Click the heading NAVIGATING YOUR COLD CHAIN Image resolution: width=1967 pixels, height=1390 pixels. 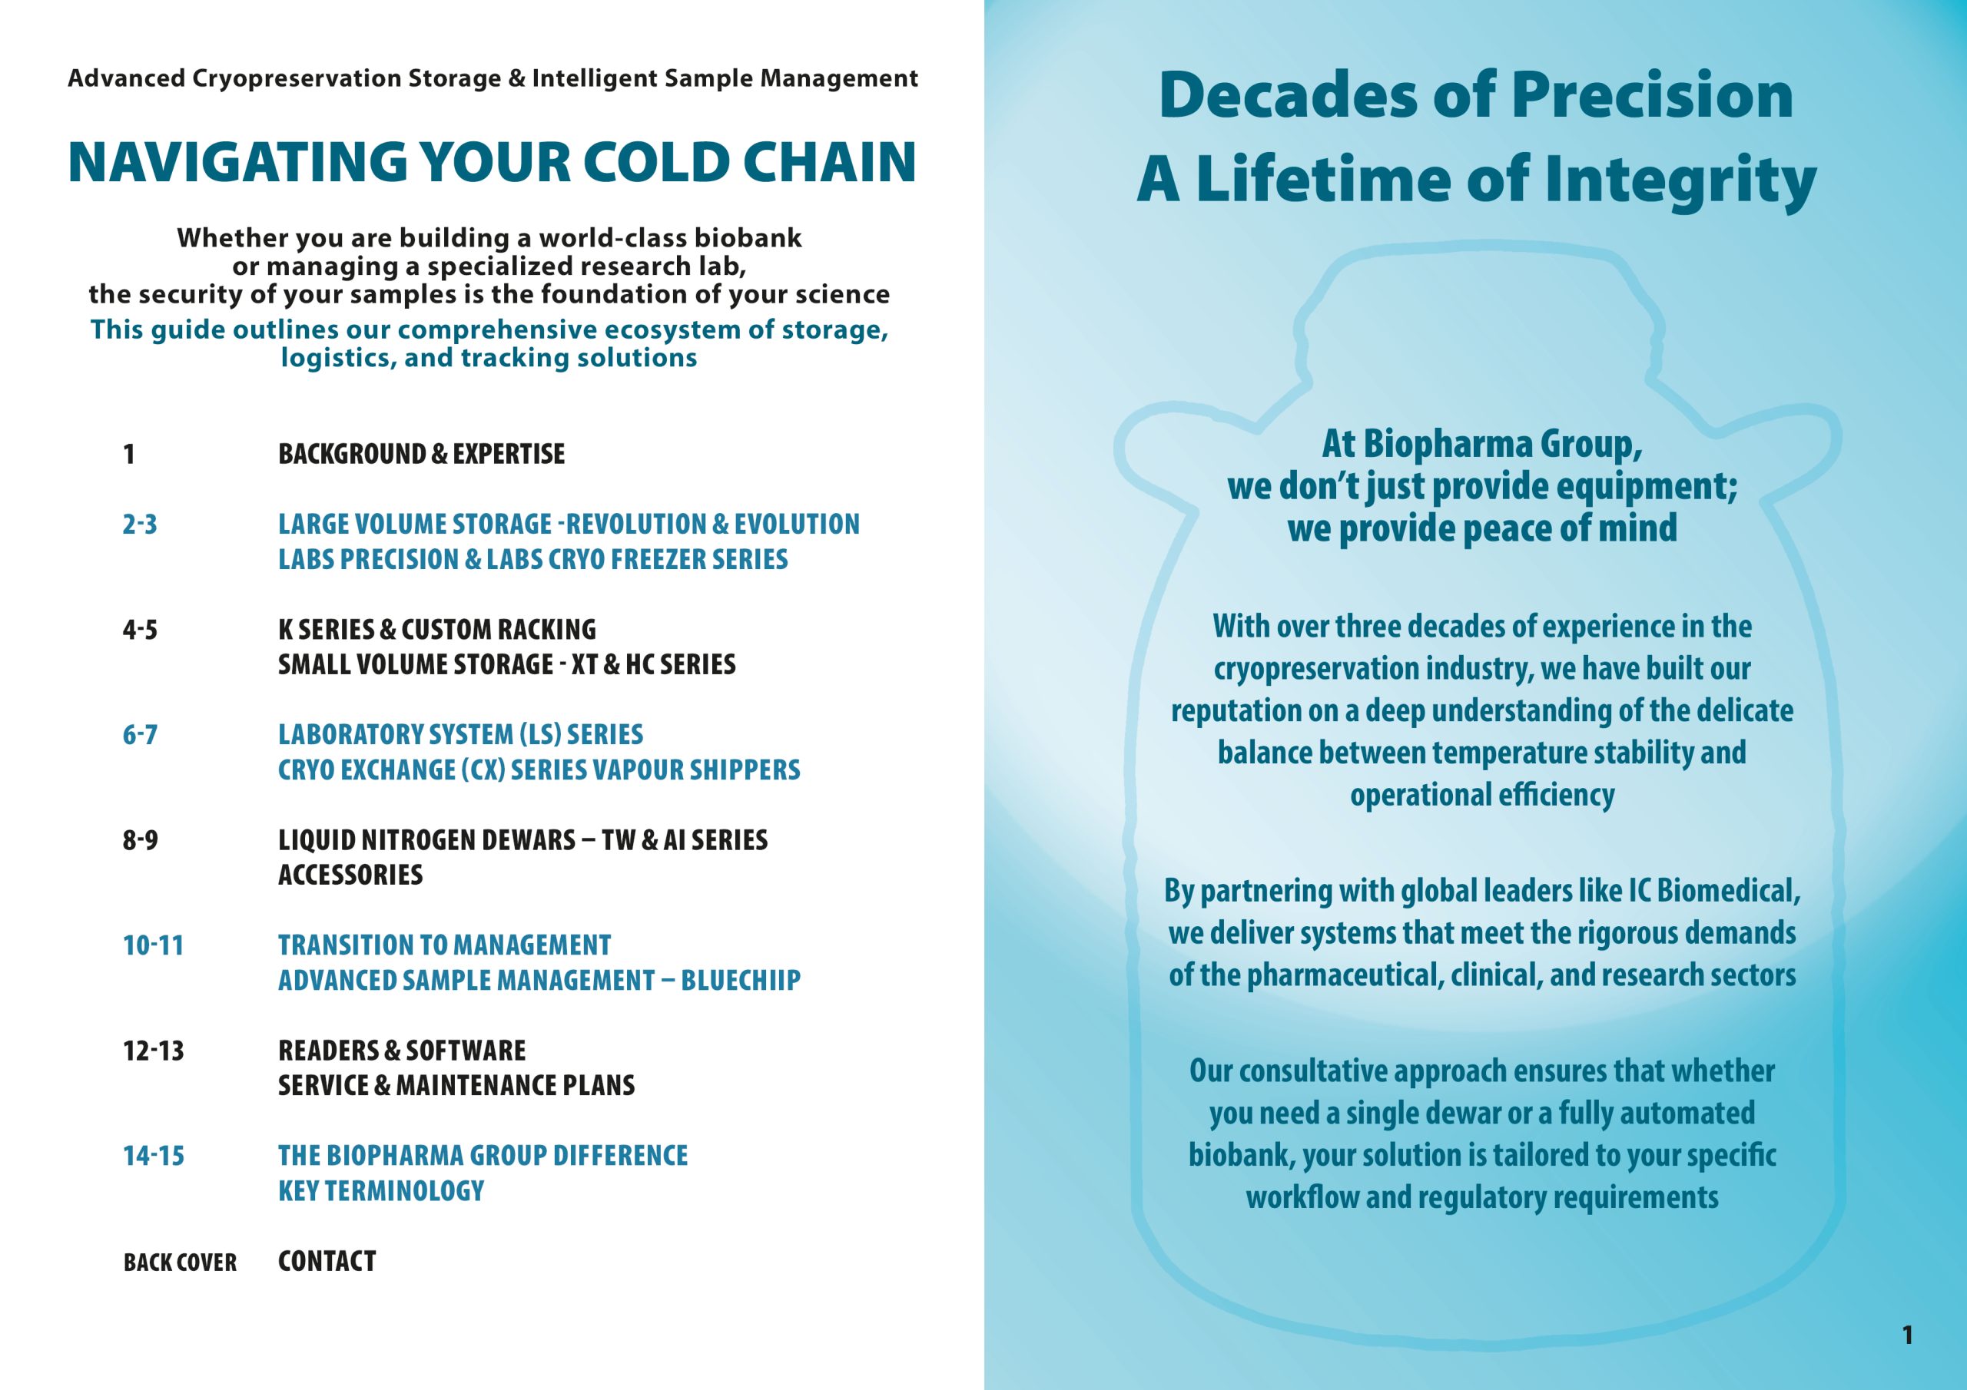[x=492, y=162]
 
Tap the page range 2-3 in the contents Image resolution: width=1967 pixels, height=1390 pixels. [x=140, y=525]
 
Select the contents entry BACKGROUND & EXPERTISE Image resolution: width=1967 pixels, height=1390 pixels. [x=422, y=454]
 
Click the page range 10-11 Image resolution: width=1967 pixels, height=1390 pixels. [x=154, y=945]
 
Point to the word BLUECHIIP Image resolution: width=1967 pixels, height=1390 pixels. [x=741, y=981]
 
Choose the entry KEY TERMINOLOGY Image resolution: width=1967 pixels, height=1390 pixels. [x=381, y=1191]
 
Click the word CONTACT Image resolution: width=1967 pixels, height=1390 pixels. [x=327, y=1262]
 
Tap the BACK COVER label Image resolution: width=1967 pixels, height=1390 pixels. [x=180, y=1263]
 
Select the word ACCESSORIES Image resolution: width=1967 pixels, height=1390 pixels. [x=350, y=875]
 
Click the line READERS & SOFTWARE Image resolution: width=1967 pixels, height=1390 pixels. [x=402, y=1051]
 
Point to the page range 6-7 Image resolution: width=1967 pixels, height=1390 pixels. [x=140, y=735]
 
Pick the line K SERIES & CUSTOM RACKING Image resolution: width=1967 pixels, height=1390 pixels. [x=437, y=630]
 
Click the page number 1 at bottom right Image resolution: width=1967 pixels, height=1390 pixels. [x=1907, y=1335]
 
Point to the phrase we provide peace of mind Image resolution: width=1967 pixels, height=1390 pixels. [x=1482, y=528]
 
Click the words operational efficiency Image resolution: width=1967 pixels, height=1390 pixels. [x=1482, y=796]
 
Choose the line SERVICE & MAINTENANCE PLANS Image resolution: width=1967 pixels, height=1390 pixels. [x=456, y=1086]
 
